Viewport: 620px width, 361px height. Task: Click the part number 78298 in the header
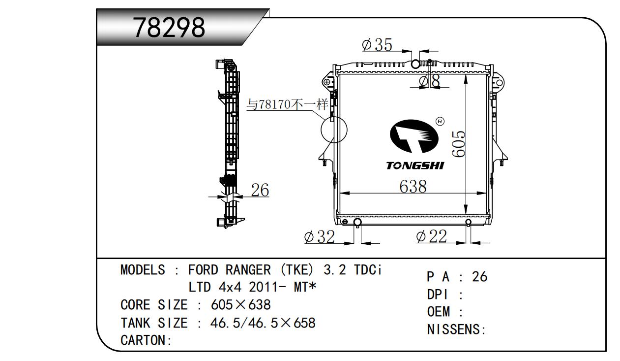pyautogui.click(x=169, y=28)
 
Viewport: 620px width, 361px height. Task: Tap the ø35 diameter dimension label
pyautogui.click(x=377, y=45)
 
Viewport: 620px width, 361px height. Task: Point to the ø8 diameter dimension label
pyautogui.click(x=429, y=81)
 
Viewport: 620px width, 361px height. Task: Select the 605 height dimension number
pyautogui.click(x=458, y=144)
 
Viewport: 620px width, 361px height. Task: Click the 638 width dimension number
pyautogui.click(x=413, y=186)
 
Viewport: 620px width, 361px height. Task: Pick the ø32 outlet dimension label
pyautogui.click(x=320, y=236)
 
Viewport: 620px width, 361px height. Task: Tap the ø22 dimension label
pyautogui.click(x=431, y=236)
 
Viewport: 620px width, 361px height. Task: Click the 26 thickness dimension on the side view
pyautogui.click(x=260, y=190)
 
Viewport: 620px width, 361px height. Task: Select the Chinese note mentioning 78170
pyautogui.click(x=287, y=104)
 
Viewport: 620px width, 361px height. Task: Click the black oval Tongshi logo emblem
pyautogui.click(x=414, y=136)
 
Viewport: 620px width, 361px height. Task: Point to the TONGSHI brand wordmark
pyautogui.click(x=415, y=166)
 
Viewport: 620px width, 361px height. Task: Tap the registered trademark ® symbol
pyautogui.click(x=440, y=122)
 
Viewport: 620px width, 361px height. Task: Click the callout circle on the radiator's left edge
pyautogui.click(x=334, y=130)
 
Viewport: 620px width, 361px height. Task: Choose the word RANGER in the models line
pyautogui.click(x=248, y=270)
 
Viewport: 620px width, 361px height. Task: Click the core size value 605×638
pyautogui.click(x=240, y=305)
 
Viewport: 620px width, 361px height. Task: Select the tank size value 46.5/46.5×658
pyautogui.click(x=263, y=323)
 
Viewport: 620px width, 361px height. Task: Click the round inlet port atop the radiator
pyautogui.click(x=415, y=64)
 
